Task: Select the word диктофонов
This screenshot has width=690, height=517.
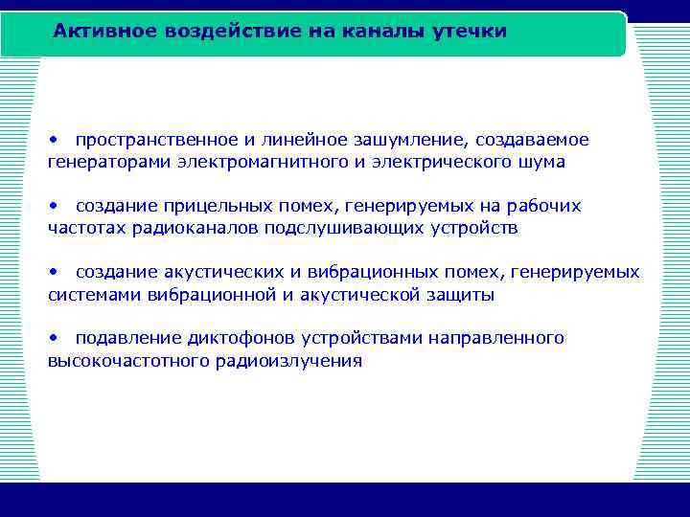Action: (x=248, y=339)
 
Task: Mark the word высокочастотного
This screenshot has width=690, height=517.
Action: (x=114, y=361)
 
